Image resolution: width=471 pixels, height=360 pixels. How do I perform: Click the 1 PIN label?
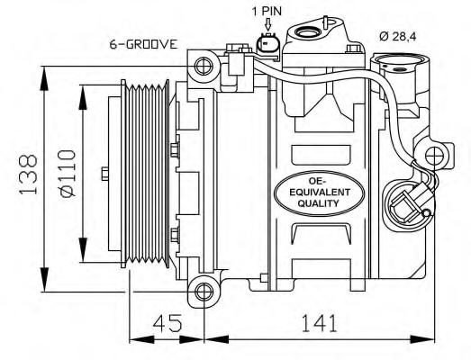pos(267,12)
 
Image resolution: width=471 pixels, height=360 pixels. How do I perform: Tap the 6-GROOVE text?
pos(143,44)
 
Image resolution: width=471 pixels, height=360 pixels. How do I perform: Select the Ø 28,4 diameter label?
pos(397,36)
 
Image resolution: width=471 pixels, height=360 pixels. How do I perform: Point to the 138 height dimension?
pos(29,174)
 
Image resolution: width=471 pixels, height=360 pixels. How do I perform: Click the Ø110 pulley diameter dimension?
pos(68,173)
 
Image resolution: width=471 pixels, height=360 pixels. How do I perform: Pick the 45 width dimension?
pos(168,323)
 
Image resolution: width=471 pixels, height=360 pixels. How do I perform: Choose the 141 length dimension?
pos(319,323)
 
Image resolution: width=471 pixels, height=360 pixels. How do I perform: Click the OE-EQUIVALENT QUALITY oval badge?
pos(320,193)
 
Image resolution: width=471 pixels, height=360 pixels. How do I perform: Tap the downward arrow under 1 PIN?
pos(268,24)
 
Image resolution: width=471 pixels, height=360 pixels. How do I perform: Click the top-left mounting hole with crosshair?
pos(204,66)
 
